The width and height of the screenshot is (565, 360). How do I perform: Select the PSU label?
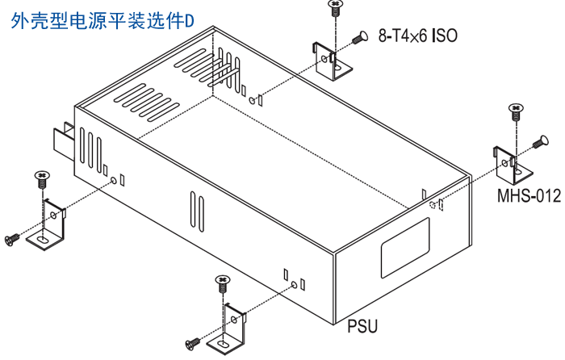pyautogui.click(x=362, y=326)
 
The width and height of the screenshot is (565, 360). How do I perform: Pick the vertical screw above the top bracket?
pyautogui.click(x=334, y=9)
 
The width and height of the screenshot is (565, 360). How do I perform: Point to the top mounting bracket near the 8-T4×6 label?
pyautogui.click(x=331, y=61)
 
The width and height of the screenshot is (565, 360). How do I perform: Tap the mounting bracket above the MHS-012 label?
pyautogui.click(x=512, y=165)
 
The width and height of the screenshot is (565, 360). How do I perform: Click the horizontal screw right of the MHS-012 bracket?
pyautogui.click(x=540, y=144)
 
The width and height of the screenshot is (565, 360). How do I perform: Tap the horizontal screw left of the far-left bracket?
pyautogui.click(x=12, y=239)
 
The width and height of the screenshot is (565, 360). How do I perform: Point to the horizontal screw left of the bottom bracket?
pyautogui.click(x=193, y=343)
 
